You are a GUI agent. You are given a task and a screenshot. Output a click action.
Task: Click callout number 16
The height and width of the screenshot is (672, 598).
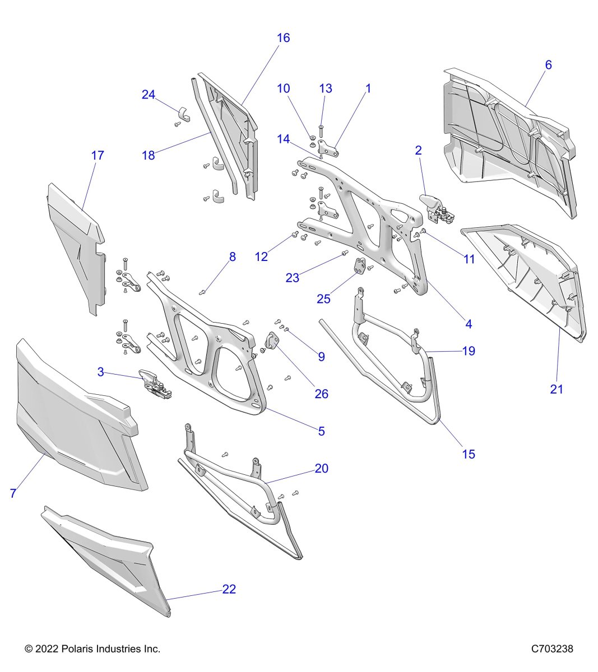pos(284,38)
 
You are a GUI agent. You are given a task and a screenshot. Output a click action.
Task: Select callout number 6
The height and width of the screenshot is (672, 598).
pos(548,64)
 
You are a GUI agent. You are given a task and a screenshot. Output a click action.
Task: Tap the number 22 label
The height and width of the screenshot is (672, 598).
pos(229,589)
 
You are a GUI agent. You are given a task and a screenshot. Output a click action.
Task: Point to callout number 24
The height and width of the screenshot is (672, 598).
pos(148,95)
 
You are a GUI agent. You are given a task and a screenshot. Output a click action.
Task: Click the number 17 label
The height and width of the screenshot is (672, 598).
pos(98,155)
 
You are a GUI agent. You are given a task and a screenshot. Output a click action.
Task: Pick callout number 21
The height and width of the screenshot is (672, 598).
pos(556,389)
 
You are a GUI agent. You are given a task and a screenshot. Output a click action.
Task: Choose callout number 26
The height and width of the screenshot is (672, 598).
pos(321,394)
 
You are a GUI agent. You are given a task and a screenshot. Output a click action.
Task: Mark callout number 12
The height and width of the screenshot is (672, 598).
pos(261,257)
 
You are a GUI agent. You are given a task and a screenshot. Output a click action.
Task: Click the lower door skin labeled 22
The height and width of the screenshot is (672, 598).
pos(106,560)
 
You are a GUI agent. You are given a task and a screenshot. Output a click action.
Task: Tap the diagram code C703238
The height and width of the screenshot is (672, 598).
pos(552,649)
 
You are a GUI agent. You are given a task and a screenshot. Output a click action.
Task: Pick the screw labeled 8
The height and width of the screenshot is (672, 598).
pos(203,291)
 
